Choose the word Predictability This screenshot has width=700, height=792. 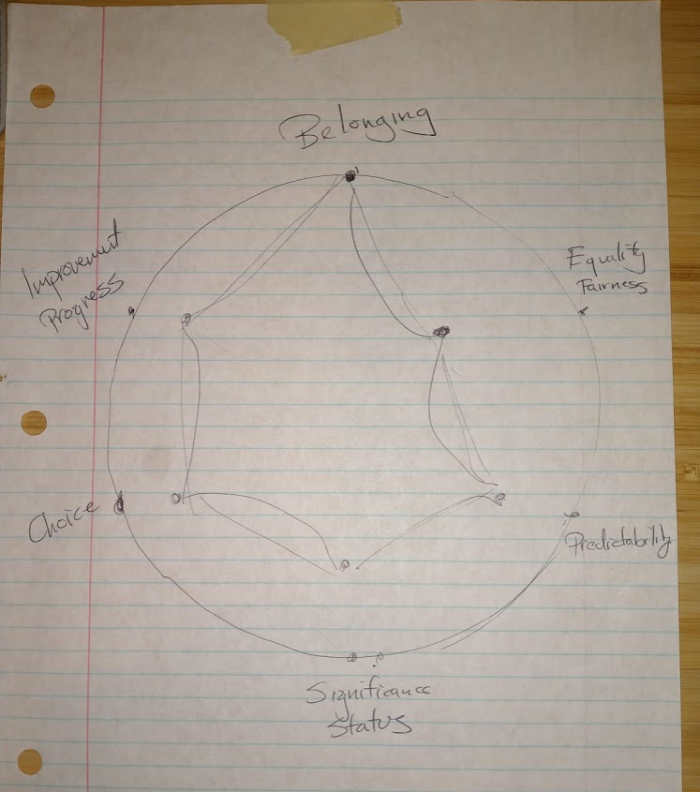pos(619,543)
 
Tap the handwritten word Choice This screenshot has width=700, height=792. pos(63,521)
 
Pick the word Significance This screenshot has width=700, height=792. pos(368,694)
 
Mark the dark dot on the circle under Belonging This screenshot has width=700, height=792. pos(350,175)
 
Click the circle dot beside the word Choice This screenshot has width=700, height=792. pos(119,505)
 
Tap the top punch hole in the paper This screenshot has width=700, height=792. pos(42,97)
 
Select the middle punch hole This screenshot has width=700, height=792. pos(33,423)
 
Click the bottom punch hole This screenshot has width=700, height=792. pos(30,761)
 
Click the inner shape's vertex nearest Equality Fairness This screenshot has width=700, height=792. pos(440,331)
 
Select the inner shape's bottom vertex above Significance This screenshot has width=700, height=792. pos(345,564)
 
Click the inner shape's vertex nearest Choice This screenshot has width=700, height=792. pos(175,498)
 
